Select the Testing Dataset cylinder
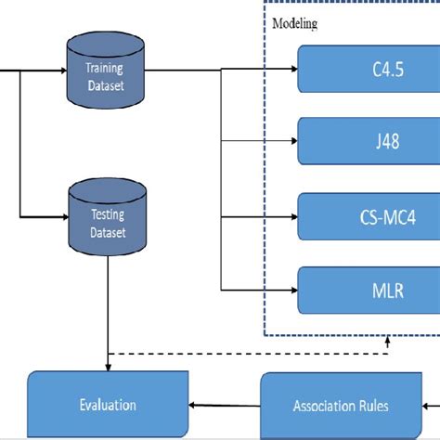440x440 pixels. [107, 219]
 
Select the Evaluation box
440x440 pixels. [108, 405]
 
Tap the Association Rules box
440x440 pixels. [341, 405]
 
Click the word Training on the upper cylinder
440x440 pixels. [105, 67]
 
